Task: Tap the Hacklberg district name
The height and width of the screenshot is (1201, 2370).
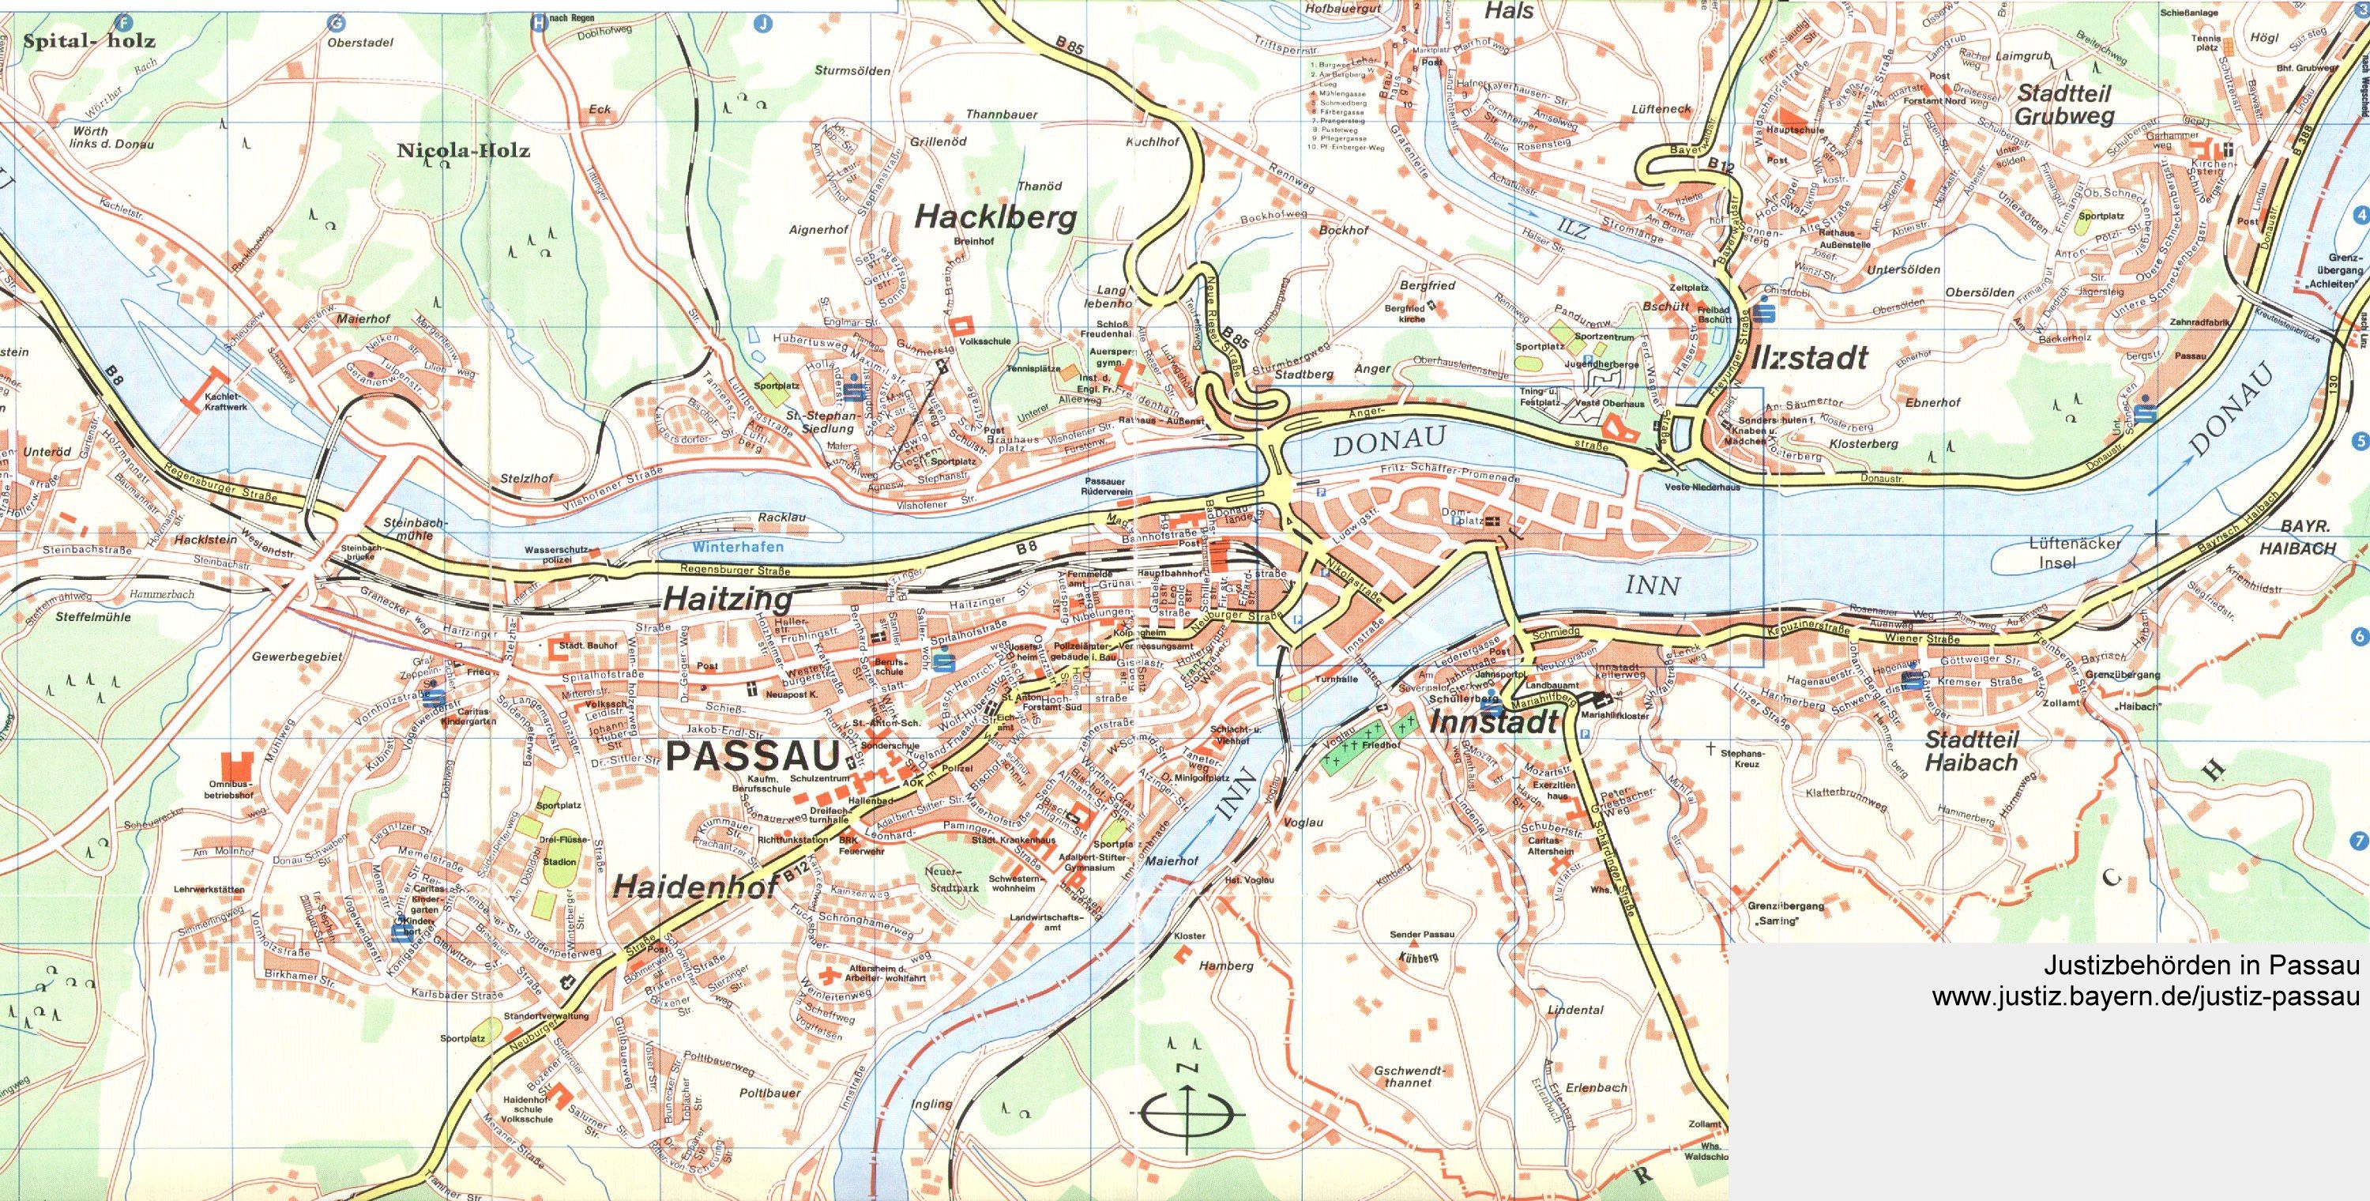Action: (x=995, y=218)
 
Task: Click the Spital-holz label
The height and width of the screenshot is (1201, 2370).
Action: (x=89, y=40)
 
